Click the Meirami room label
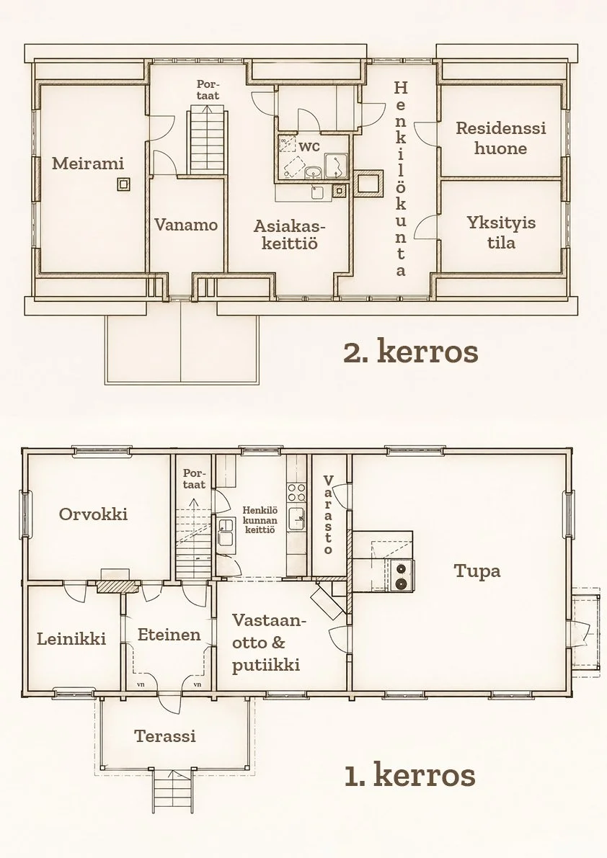(87, 163)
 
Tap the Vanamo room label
(186, 225)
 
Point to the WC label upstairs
(309, 147)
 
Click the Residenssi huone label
(501, 138)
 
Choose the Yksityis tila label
(501, 232)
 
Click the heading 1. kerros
(410, 775)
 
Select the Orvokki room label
(93, 514)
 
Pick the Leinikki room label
(71, 638)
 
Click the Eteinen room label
(169, 635)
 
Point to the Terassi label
(165, 736)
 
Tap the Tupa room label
(477, 571)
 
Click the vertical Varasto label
(329, 514)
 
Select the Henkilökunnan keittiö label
(260, 520)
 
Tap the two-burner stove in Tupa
(402, 576)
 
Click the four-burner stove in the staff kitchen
(297, 492)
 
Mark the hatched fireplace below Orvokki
(117, 586)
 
